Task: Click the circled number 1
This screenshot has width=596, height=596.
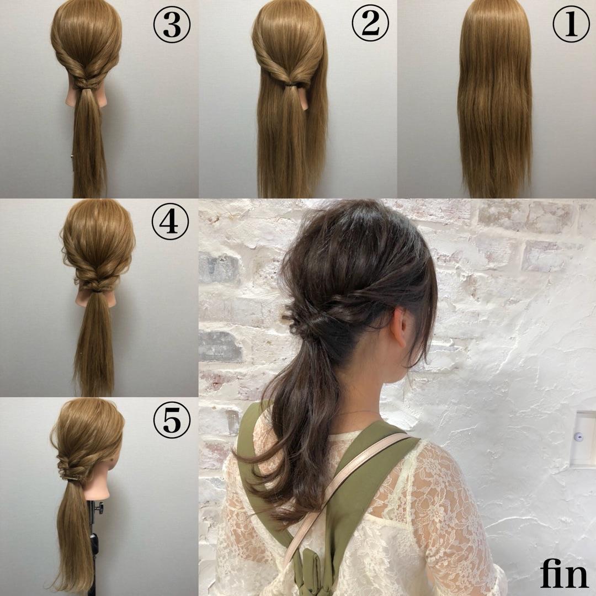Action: point(571,24)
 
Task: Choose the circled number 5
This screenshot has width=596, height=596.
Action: point(172,419)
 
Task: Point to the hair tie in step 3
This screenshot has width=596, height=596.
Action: point(88,89)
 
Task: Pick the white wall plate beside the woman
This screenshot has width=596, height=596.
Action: point(584,438)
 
